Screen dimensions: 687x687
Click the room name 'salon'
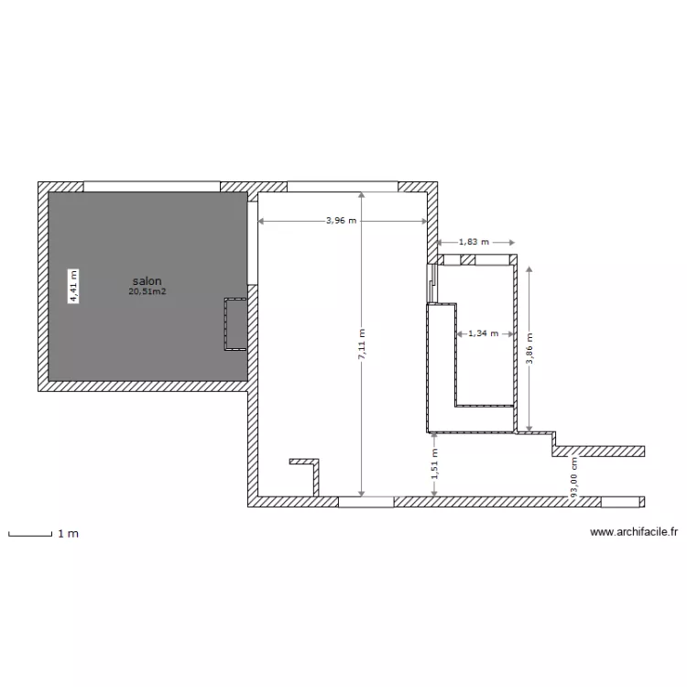tap(147, 280)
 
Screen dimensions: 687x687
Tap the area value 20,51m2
tap(147, 291)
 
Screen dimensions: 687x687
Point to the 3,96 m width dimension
tap(342, 221)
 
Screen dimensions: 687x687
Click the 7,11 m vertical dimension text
tap(362, 345)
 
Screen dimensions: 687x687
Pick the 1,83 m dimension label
tap(474, 242)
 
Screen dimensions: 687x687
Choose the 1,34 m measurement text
tap(483, 333)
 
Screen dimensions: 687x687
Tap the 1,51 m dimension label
tap(434, 463)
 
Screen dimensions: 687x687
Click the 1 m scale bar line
tap(28, 535)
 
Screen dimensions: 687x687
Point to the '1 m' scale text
tap(68, 533)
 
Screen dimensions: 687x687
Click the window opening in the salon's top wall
tap(152, 186)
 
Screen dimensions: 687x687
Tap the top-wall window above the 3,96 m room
tap(343, 186)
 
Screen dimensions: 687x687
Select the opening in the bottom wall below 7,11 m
tap(366, 502)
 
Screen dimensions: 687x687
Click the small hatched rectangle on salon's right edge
tap(234, 325)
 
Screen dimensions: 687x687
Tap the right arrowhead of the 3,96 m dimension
tap(424, 221)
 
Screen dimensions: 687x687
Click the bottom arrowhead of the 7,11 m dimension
tap(362, 493)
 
